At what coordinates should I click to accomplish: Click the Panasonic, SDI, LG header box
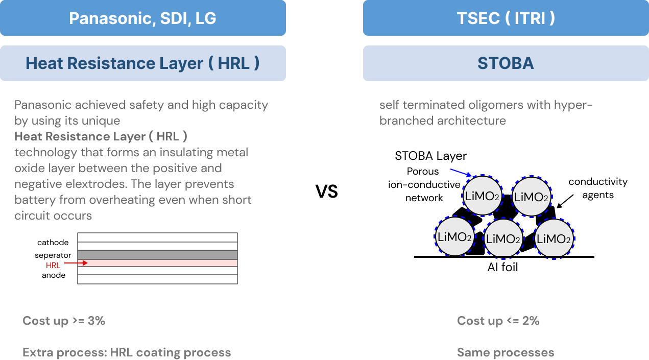pos(142,18)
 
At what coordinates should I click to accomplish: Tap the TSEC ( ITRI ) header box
pos(506,18)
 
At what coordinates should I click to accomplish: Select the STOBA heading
pos(506,63)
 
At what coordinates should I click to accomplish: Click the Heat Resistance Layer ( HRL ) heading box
pos(142,63)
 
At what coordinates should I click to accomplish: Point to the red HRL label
pos(53,265)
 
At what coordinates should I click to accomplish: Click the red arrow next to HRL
pos(76,263)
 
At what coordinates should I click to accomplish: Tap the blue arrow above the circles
pos(461,172)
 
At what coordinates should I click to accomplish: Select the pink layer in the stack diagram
pos(157,263)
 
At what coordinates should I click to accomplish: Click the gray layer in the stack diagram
pos(157,254)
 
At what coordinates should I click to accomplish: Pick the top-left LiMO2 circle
pos(482,195)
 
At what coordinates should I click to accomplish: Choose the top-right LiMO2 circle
pos(532,197)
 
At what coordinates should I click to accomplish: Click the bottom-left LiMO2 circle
pos(454,236)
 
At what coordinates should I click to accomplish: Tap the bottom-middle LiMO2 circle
pos(503,238)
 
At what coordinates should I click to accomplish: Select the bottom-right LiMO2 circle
pos(554,238)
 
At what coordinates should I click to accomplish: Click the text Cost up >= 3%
pos(64,321)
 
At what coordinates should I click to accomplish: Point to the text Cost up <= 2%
pos(498,321)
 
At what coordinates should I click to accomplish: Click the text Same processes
pos(505,352)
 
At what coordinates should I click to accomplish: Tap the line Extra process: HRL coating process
pos(127,352)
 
